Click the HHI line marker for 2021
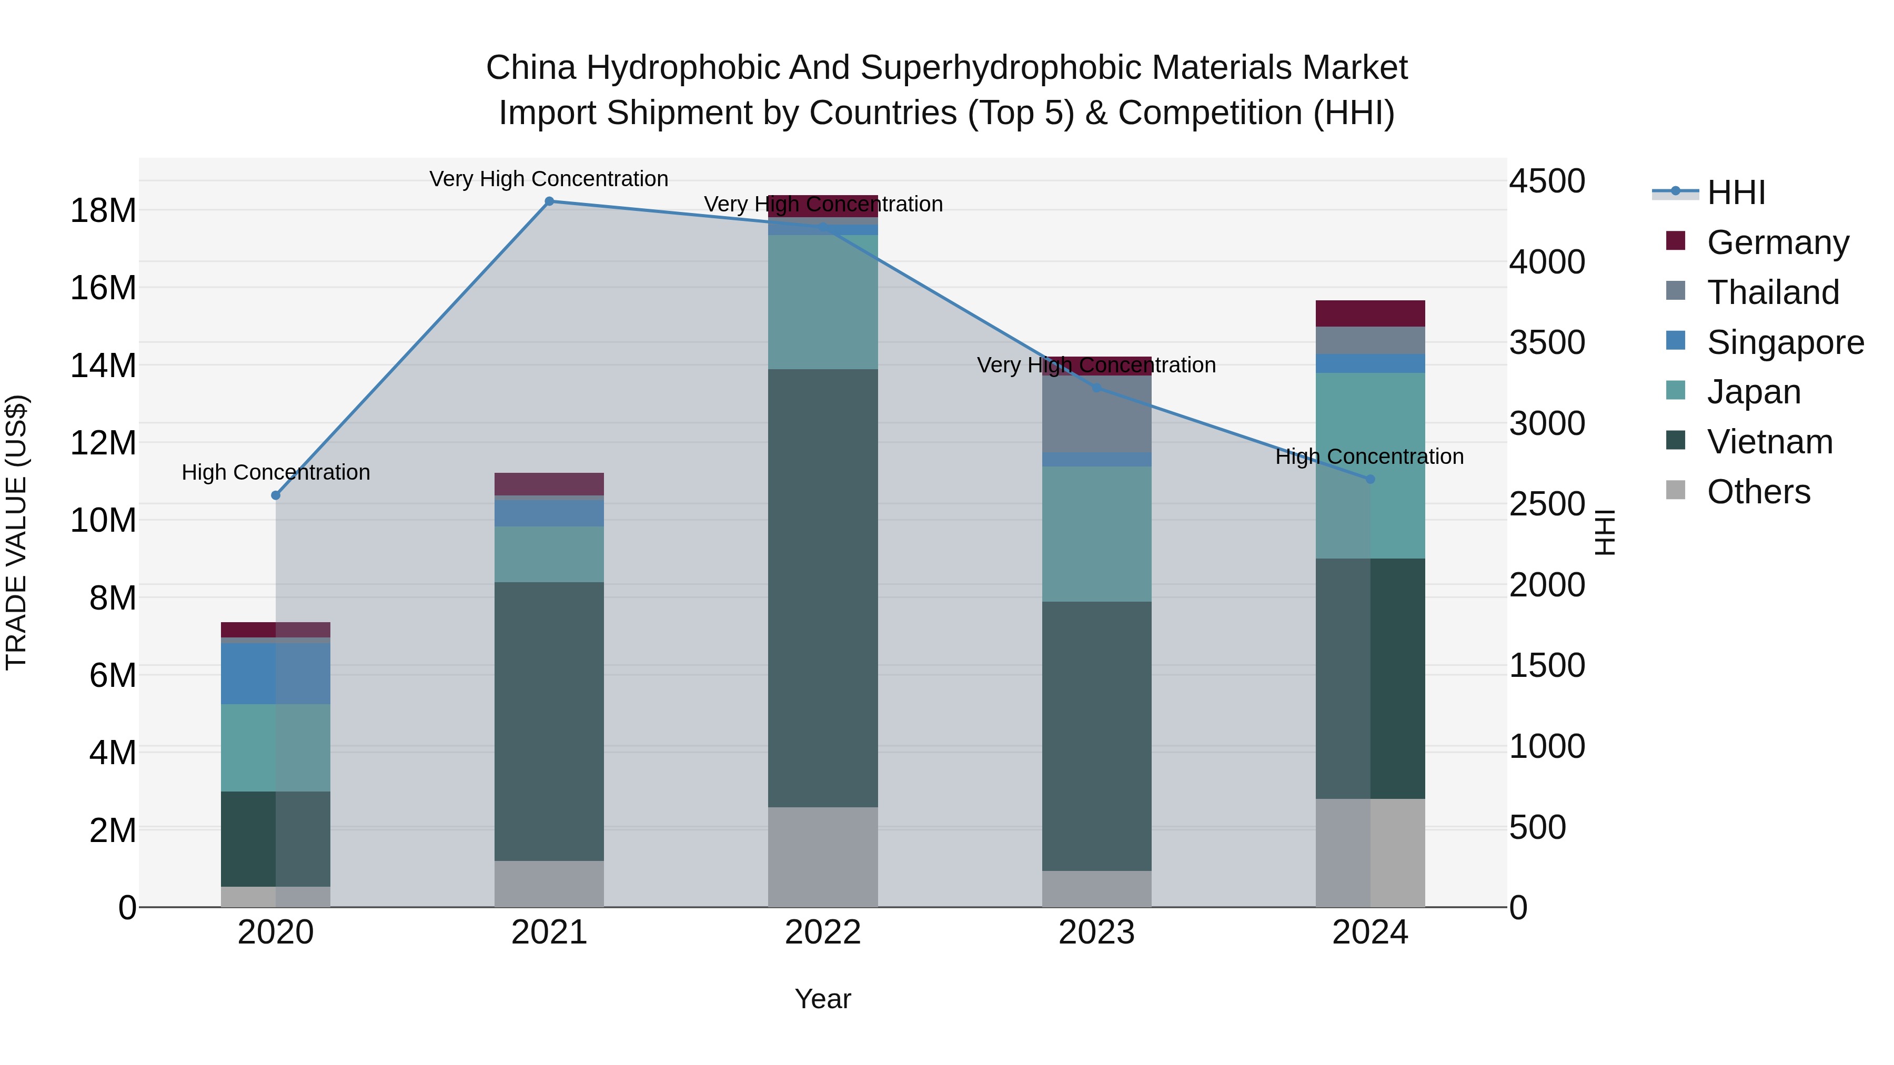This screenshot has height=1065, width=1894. [549, 201]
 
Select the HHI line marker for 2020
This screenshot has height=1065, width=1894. [276, 495]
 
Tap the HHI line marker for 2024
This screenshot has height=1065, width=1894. [1370, 479]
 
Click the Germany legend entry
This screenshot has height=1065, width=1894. [1777, 242]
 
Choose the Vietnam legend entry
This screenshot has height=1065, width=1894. [1769, 442]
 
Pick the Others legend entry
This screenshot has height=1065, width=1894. [1758, 492]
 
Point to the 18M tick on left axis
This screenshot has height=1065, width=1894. [103, 211]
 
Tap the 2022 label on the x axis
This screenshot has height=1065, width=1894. [823, 932]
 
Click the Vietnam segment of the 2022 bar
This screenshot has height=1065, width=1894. [823, 588]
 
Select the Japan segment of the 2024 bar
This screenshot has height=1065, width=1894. [1370, 465]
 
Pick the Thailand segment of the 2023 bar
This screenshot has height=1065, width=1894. [1096, 414]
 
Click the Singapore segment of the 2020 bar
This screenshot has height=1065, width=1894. [276, 673]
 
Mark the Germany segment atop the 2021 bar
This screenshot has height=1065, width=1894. [549, 484]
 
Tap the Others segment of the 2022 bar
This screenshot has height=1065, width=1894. [823, 857]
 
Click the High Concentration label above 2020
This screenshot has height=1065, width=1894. [276, 473]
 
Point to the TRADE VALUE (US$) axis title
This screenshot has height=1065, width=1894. [16, 532]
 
